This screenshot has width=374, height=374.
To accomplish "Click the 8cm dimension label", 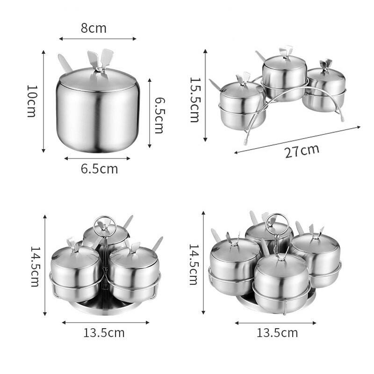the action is [93, 28].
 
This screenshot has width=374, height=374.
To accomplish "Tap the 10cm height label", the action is [32, 101].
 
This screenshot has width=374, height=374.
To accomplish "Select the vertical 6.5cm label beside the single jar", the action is [159, 115].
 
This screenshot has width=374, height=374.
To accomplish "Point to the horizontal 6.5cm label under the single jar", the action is [99, 169].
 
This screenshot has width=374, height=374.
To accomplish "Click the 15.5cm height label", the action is [195, 100].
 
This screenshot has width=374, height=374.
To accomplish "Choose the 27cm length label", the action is [302, 151].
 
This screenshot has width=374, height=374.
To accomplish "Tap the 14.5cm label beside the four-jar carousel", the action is [194, 264].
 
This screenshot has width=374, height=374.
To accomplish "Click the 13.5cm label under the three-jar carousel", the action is [104, 333].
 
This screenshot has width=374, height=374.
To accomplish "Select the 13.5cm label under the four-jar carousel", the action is [277, 333].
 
